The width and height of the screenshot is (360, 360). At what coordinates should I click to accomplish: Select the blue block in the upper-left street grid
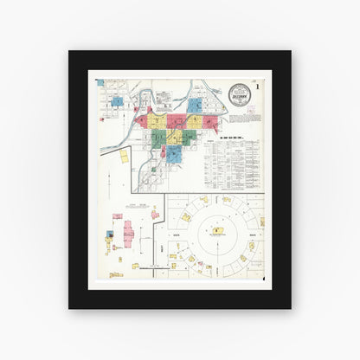tap(117, 101)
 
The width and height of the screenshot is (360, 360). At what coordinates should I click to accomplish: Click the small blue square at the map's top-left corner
tap(100, 83)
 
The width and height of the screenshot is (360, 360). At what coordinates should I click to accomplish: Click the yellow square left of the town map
tap(124, 156)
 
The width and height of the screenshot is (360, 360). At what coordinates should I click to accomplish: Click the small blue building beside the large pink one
tap(111, 234)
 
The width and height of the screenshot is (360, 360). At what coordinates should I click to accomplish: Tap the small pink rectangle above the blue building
tap(117, 216)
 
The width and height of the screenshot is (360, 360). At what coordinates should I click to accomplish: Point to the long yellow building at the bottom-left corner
tap(115, 274)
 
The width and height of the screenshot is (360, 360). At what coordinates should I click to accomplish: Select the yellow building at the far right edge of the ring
tap(261, 222)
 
